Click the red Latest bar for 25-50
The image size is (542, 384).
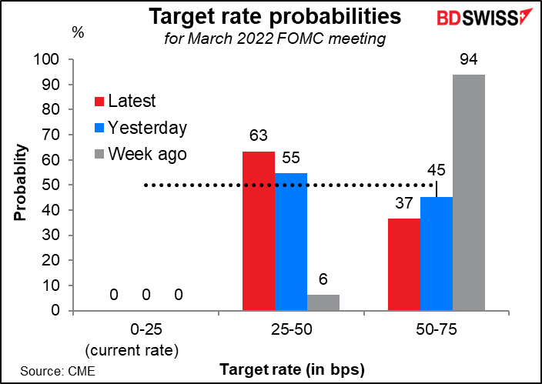click(259, 231)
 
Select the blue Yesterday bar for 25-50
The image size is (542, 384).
click(291, 242)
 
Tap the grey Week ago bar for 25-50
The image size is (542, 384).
click(323, 302)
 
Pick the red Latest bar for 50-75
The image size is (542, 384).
click(404, 265)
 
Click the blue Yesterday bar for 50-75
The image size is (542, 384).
click(437, 254)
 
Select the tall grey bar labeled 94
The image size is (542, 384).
click(469, 192)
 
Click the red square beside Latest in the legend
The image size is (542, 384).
click(99, 102)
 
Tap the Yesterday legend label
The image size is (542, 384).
click(147, 129)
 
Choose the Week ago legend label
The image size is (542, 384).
click(147, 154)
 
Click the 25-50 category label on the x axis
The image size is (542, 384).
click(291, 329)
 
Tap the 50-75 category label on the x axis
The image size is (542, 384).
click(437, 329)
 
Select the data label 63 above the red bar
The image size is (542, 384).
click(259, 135)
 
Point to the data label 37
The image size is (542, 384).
click(404, 203)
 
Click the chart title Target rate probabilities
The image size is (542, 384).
click(275, 16)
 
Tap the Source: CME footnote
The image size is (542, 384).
click(58, 371)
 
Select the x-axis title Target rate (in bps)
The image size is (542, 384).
click(292, 370)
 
